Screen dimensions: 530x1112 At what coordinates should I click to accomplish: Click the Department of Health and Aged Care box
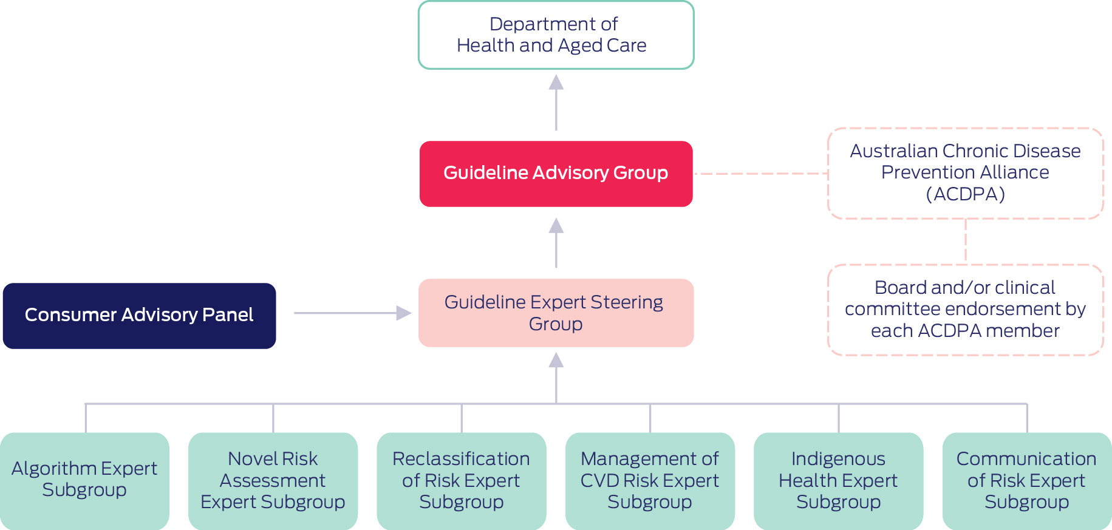[556, 35]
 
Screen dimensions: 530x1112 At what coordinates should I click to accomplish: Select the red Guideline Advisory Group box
[556, 174]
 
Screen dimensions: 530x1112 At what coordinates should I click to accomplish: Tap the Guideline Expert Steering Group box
[556, 313]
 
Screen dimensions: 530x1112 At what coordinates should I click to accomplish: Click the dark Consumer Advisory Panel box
[139, 316]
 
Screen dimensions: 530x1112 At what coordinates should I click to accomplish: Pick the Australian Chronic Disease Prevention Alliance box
[965, 173]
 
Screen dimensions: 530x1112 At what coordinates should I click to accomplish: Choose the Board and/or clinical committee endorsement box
[965, 310]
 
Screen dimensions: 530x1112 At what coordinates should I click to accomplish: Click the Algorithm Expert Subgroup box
[84, 480]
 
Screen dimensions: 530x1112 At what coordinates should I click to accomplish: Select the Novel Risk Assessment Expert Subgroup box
[273, 480]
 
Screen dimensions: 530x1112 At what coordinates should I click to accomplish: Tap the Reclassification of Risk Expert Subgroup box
[461, 480]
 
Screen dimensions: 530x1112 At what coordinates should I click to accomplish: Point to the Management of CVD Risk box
[650, 480]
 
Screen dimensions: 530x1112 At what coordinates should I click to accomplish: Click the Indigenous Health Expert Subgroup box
[838, 480]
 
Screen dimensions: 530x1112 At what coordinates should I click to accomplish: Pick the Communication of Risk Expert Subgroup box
[1026, 480]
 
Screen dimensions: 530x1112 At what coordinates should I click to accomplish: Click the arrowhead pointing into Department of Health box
[556, 83]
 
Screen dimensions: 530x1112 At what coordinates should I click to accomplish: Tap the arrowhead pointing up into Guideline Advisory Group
[556, 226]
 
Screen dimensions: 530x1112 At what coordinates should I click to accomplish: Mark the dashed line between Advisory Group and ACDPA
[760, 174]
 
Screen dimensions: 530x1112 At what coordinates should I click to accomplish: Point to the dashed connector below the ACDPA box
[966, 241]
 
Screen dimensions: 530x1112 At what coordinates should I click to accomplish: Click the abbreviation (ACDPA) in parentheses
[965, 194]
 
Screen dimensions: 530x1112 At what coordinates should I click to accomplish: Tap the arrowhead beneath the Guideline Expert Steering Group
[556, 361]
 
